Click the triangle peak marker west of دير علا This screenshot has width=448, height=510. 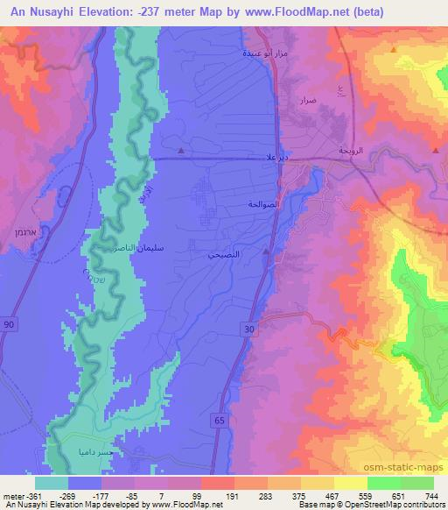coord(180,152)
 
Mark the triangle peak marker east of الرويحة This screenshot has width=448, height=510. coord(435,152)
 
